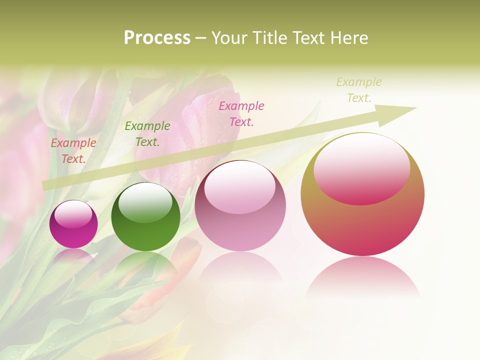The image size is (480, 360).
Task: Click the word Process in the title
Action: point(157,38)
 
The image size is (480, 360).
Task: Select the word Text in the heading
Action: point(307,38)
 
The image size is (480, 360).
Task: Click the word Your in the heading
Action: point(230,38)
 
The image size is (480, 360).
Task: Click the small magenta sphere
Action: point(73,224)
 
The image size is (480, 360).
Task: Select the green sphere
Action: point(145,217)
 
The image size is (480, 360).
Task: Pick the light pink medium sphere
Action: point(240,205)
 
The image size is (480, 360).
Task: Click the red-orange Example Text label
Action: point(73,151)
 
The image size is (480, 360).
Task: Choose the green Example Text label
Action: point(147,134)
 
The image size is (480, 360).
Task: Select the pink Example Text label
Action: point(241,113)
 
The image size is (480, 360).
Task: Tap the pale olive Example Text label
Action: point(359,89)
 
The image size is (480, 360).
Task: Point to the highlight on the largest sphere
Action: point(361,169)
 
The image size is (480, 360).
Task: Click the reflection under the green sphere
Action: point(145,265)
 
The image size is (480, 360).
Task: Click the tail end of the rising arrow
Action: point(46,185)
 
